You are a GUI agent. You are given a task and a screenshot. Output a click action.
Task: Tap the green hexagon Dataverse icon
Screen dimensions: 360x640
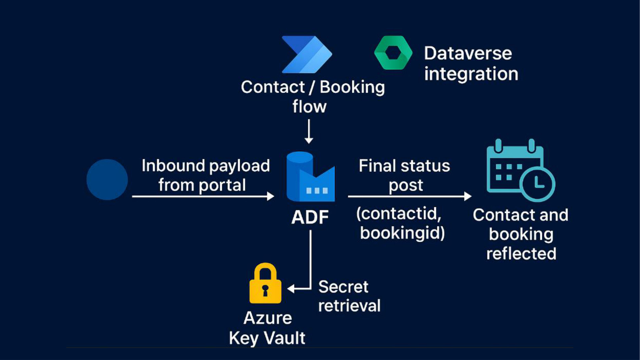(x=393, y=53)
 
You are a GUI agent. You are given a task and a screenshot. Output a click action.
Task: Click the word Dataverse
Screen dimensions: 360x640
(x=468, y=53)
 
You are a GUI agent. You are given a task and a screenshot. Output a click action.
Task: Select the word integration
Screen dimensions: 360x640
(x=471, y=74)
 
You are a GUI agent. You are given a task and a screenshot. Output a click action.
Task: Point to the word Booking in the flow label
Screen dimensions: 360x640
(x=352, y=87)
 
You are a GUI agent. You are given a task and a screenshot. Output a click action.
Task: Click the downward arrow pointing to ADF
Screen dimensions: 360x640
(x=309, y=132)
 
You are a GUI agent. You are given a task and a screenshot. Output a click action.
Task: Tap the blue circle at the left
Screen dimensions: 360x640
(x=107, y=179)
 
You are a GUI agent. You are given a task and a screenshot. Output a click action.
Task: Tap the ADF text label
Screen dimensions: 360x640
(x=310, y=217)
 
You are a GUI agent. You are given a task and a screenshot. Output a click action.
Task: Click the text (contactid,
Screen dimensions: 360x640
(x=399, y=214)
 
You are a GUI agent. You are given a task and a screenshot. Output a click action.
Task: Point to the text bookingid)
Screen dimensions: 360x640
(x=402, y=233)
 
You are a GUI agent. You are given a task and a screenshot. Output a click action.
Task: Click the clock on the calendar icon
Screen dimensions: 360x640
(x=537, y=184)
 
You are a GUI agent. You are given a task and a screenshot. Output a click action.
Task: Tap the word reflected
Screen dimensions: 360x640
(x=521, y=254)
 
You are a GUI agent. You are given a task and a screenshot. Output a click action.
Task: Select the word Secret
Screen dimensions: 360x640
(x=343, y=287)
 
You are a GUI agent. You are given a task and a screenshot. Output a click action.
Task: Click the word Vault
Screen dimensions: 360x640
(x=286, y=338)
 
